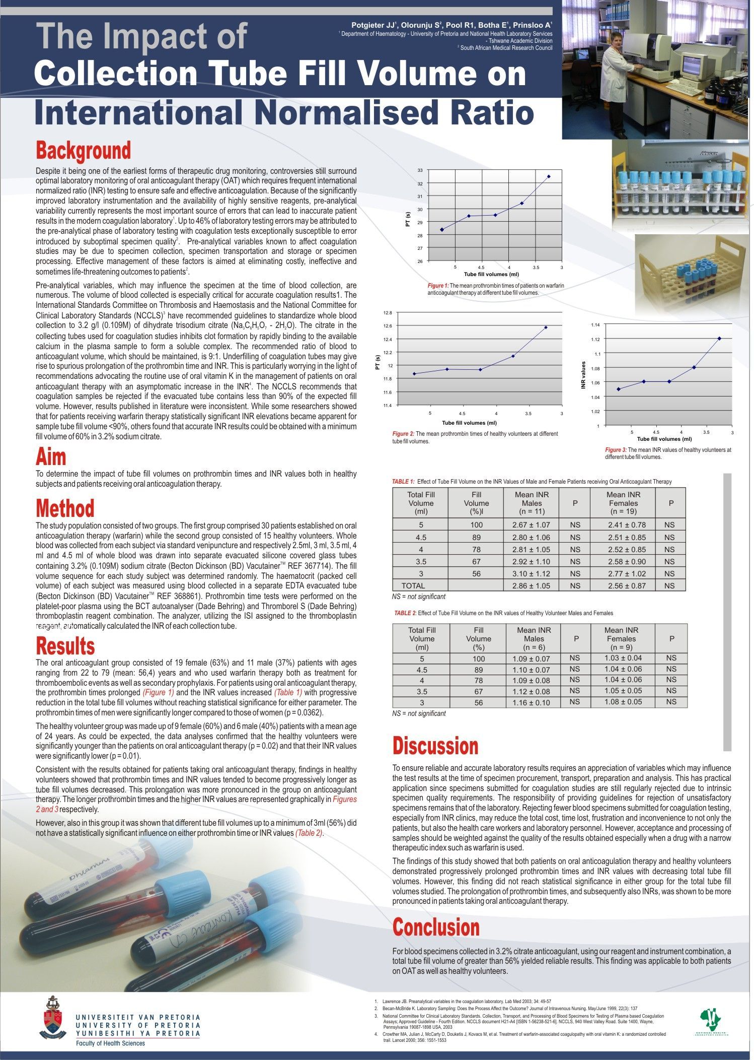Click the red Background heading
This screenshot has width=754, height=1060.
[83, 151]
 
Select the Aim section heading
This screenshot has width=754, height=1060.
[51, 456]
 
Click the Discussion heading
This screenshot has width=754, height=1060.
[435, 746]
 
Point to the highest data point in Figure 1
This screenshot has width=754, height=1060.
[549, 176]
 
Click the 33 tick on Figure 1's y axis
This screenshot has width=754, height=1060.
[420, 170]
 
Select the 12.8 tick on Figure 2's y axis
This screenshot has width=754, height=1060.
[387, 313]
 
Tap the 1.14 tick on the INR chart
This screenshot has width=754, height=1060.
[595, 324]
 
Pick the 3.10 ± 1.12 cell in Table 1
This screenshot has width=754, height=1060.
[531, 573]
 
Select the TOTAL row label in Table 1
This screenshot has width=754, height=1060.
[413, 585]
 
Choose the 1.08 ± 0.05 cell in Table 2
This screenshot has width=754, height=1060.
[623, 701]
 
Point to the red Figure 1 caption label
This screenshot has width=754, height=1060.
[438, 286]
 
